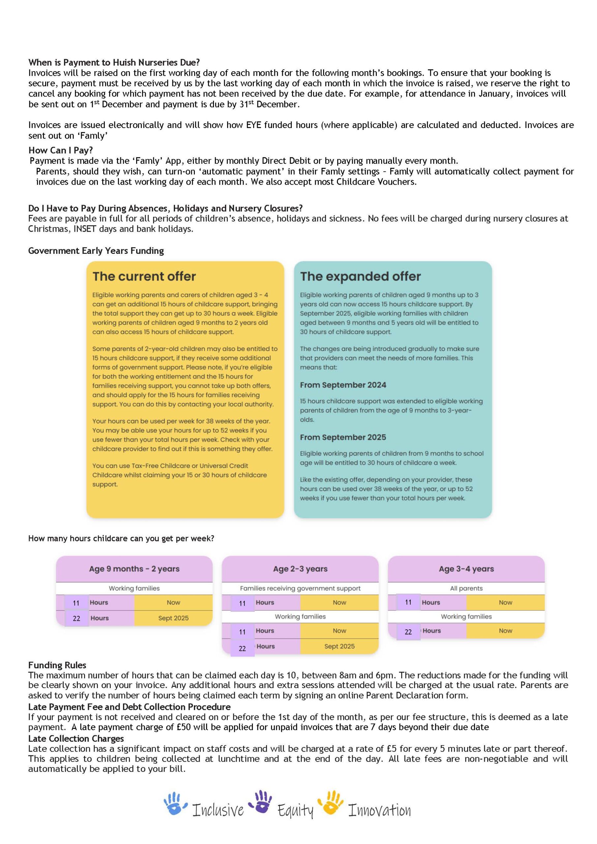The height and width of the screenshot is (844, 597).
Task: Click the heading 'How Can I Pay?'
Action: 61,150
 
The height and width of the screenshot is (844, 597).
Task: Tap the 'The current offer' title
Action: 144,276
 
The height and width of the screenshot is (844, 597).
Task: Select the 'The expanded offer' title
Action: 360,276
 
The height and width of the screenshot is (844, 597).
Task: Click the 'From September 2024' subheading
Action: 343,385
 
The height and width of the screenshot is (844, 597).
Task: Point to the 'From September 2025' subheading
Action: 343,437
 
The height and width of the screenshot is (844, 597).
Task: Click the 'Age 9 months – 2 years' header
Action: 134,569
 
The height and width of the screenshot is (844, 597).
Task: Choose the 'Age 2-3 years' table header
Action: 300,569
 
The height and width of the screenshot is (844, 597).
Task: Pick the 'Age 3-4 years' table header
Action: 466,569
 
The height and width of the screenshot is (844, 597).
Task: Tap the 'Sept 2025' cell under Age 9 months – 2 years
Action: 173,618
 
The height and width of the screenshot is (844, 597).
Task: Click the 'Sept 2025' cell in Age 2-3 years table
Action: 339,646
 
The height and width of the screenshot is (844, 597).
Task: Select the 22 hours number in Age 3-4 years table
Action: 408,632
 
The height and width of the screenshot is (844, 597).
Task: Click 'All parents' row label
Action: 466,588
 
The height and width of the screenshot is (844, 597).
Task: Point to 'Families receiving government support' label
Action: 300,588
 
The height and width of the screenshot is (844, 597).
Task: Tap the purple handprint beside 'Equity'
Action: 261,801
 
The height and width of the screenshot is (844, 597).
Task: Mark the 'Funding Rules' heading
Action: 57,665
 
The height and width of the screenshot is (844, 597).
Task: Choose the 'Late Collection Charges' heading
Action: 76,738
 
